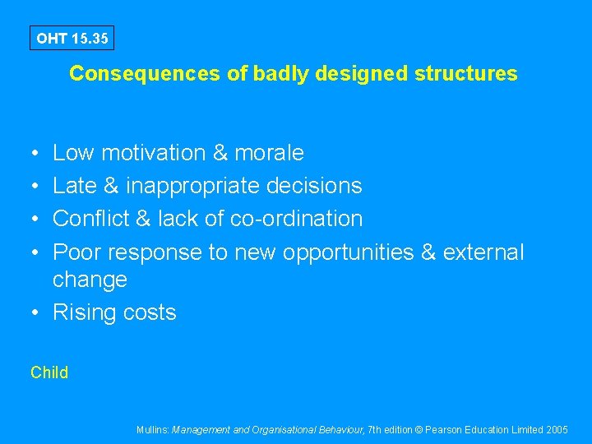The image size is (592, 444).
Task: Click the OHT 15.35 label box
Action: click(x=72, y=38)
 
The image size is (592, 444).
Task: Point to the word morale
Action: click(x=269, y=153)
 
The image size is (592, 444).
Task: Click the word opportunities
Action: click(x=349, y=252)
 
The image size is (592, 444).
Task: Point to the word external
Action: click(x=483, y=252)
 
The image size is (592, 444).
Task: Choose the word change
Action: click(x=90, y=280)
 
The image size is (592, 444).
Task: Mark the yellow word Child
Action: click(x=49, y=372)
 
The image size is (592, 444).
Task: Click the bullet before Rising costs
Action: click(x=36, y=312)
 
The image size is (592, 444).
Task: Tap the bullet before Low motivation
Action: click(x=36, y=153)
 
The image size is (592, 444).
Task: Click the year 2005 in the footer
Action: click(x=556, y=429)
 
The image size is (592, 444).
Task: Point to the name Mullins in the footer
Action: click(x=153, y=429)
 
